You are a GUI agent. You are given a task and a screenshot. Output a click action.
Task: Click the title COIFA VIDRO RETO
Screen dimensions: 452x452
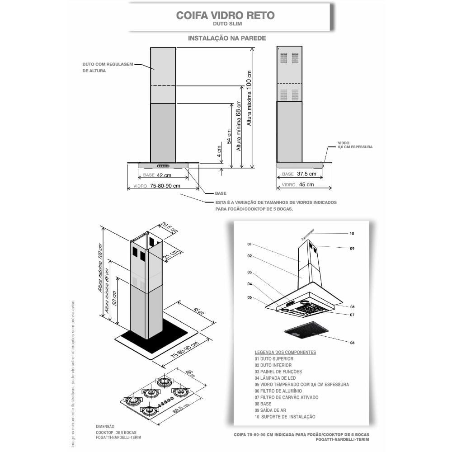click(x=225, y=15)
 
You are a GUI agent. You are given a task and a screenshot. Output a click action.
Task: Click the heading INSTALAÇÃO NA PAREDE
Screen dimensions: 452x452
click(x=227, y=38)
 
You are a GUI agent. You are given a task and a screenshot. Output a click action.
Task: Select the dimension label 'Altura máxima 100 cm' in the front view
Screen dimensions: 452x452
click(x=249, y=98)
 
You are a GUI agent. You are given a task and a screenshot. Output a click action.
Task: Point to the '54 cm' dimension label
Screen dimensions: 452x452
click(x=229, y=137)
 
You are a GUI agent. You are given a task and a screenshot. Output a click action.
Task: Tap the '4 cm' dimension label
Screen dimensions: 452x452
click(x=219, y=151)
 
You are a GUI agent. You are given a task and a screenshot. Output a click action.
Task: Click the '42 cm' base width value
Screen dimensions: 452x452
click(x=164, y=175)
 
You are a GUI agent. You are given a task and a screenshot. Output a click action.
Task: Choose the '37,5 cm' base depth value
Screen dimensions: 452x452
click(x=306, y=174)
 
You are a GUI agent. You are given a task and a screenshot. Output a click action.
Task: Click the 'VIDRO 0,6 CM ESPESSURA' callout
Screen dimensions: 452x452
click(x=355, y=145)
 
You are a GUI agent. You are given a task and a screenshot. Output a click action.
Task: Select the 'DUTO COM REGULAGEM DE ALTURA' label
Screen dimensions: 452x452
click(x=108, y=67)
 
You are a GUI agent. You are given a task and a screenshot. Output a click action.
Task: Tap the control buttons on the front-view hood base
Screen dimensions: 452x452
click(x=163, y=166)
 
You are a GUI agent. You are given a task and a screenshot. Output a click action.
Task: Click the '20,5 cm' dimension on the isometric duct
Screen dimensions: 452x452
click(x=169, y=228)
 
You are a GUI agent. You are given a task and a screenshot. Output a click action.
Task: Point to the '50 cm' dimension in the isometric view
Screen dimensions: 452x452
click(x=114, y=298)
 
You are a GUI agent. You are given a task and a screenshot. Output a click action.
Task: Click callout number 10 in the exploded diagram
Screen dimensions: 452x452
click(x=352, y=234)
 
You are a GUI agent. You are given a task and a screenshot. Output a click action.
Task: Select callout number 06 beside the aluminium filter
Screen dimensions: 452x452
click(x=352, y=343)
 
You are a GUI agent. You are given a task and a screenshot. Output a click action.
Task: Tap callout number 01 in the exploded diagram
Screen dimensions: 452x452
click(x=250, y=244)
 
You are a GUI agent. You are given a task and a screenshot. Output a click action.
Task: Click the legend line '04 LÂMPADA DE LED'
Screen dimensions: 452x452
click(x=275, y=378)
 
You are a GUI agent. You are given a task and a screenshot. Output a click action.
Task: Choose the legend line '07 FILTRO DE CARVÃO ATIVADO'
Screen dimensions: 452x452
click(x=287, y=397)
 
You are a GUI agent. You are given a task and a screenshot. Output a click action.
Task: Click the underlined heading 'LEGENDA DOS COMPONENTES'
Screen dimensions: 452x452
click(x=285, y=352)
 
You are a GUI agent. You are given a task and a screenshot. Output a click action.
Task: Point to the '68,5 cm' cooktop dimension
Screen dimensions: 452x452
click(x=181, y=409)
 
